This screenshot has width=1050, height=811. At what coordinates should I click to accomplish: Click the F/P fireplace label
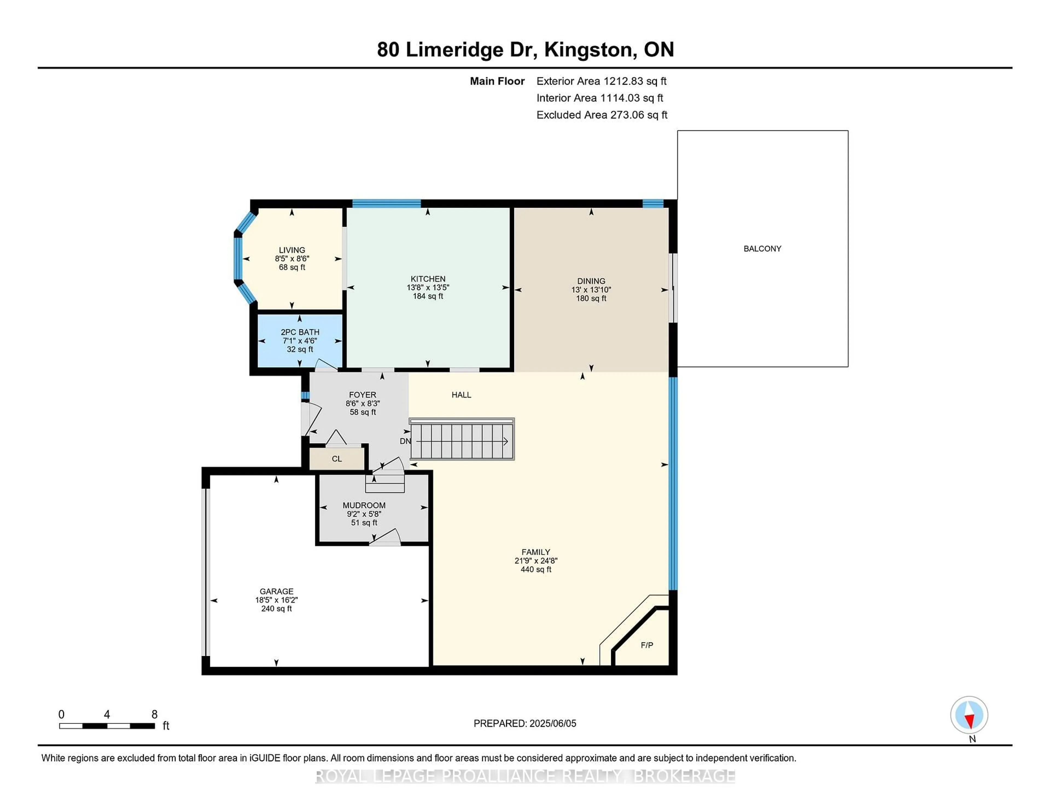point(647,645)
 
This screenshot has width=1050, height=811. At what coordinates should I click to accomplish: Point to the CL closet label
point(337,459)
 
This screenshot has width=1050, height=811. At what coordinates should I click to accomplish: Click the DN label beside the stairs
point(405,441)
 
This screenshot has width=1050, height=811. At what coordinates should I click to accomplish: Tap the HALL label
point(461,395)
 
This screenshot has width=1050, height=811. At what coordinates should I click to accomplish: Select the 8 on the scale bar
point(154,715)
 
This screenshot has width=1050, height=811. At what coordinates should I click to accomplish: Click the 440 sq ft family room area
point(536,569)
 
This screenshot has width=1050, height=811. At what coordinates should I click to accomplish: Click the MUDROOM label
point(364,506)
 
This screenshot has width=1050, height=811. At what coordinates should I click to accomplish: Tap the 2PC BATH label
point(300,332)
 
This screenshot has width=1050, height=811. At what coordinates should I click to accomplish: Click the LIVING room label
point(292,250)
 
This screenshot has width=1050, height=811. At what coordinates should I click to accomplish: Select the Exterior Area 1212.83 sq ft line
point(601,81)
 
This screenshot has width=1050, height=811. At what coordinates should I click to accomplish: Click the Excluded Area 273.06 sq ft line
point(602,115)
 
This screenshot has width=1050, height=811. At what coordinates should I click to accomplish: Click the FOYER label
point(363,395)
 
